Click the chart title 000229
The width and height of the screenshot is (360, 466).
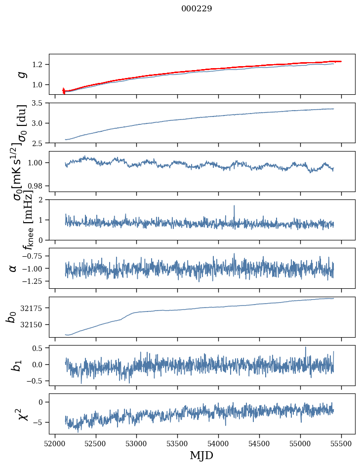[x=197, y=8]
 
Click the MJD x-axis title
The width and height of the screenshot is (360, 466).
[x=201, y=455]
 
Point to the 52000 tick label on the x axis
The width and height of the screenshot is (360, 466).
[x=55, y=443]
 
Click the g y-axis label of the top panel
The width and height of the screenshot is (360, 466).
[x=21, y=74]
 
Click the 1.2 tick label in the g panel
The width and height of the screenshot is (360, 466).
[x=39, y=65]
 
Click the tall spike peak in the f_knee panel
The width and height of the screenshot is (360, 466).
[x=234, y=206]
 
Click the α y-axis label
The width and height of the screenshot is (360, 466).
[x=13, y=268]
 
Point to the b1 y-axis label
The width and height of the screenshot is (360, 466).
[x=17, y=365]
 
